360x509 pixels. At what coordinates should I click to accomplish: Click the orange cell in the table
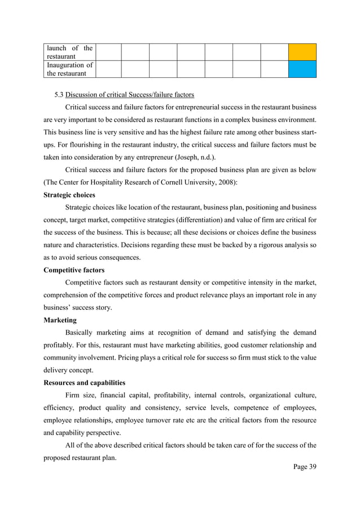tap(302, 52)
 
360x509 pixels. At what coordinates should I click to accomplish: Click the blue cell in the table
tap(302, 69)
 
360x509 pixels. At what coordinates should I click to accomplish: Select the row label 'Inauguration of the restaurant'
tap(69, 69)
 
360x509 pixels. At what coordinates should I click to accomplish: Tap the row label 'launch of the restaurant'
tap(69, 52)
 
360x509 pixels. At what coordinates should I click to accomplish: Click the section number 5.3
tap(59, 94)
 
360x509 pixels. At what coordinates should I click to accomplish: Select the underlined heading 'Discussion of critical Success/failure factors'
tap(130, 94)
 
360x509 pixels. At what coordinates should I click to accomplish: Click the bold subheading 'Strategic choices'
tap(69, 195)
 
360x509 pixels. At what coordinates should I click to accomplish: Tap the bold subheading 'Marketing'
tap(60, 320)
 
